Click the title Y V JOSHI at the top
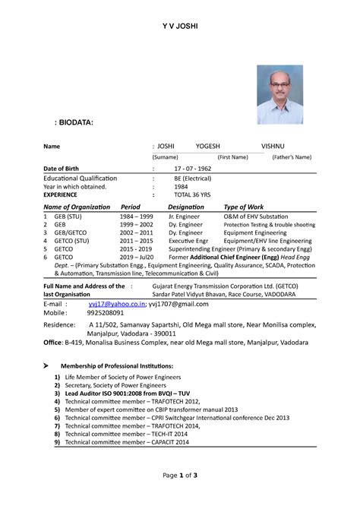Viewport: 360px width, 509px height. point(179,27)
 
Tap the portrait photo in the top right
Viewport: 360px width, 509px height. point(279,94)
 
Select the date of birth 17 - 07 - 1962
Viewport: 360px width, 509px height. point(194,167)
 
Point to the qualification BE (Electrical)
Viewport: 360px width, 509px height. point(192,178)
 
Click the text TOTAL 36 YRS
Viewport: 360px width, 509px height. point(192,194)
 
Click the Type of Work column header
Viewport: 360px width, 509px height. point(244,207)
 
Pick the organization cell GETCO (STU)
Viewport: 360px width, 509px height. point(71,241)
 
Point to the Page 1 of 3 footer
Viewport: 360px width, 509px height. point(180,495)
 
